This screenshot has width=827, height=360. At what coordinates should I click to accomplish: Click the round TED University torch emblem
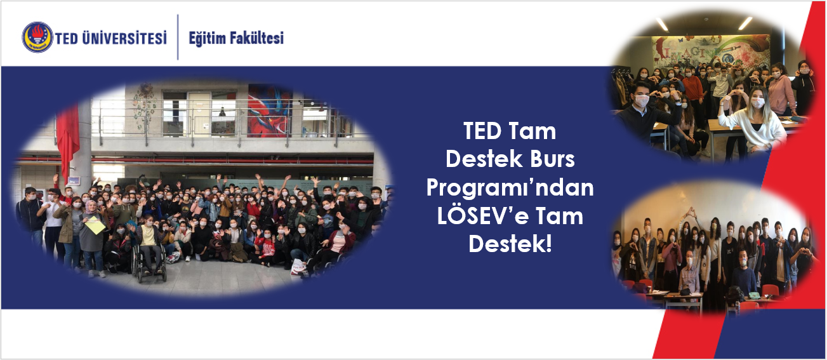coord(37,37)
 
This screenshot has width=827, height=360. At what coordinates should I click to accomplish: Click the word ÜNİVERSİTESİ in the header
coord(124,38)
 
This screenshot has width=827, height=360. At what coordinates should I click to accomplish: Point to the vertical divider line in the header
coord(178,37)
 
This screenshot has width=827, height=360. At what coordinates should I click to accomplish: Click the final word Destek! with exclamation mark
coord(510,244)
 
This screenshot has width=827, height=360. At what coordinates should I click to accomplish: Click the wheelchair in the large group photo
coord(149,262)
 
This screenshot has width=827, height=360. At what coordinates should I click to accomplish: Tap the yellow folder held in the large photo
coord(95,225)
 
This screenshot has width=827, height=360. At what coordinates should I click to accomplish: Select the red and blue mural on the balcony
coord(270,110)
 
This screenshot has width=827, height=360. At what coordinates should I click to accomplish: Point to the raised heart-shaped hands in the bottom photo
coord(690,212)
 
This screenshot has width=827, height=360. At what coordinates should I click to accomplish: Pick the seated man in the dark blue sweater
coord(743,273)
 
